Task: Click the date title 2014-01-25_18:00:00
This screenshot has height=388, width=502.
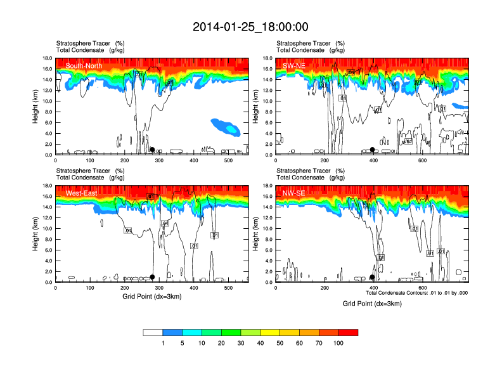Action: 250,27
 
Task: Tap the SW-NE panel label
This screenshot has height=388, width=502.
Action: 295,65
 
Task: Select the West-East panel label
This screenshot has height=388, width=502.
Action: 82,193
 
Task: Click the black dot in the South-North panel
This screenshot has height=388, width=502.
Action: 152,150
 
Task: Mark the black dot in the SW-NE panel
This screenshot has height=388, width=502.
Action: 373,150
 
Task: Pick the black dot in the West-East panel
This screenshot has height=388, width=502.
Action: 152,277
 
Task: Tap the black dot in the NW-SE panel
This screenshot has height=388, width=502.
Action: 372,277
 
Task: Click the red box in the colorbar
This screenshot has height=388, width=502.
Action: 348,332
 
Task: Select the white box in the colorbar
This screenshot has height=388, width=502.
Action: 153,332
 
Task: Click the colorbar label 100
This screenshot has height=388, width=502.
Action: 338,343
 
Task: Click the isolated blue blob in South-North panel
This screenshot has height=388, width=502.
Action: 226,126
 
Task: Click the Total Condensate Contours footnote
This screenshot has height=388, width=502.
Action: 417,293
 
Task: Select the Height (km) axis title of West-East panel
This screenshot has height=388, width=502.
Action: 36,234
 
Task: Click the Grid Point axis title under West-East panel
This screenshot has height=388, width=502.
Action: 151,297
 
